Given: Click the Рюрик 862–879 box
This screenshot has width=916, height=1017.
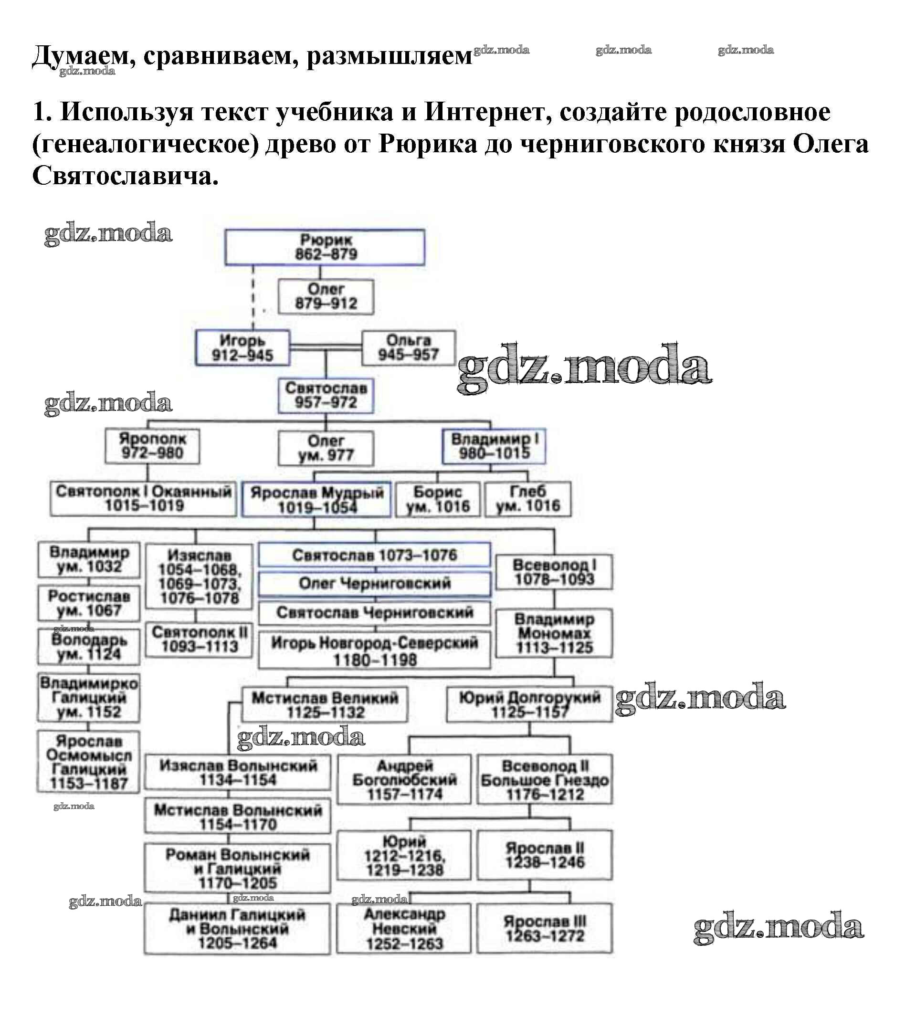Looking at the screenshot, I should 325,247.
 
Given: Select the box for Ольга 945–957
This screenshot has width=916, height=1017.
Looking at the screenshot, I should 408,348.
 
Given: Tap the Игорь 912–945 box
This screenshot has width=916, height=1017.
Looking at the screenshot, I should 242,348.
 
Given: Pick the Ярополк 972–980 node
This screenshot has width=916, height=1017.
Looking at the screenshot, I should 152,446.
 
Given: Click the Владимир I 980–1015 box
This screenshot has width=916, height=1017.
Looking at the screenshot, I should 494,446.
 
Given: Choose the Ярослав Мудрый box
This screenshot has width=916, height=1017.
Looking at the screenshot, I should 316,500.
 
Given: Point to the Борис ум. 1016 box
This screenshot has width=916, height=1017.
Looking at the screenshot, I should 437,499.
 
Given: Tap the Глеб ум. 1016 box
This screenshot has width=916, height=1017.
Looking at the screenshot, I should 528,499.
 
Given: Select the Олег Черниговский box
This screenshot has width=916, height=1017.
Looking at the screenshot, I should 374,583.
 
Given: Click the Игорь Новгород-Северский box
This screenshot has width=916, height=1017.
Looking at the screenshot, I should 374,651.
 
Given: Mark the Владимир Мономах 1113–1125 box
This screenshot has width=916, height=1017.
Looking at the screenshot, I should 554,633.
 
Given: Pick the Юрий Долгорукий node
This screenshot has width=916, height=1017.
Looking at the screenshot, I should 529,704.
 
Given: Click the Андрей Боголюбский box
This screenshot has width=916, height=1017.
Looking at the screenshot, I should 404,779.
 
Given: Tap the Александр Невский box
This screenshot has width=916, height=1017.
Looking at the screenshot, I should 404,928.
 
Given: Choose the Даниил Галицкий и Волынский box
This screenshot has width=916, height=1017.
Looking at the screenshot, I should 238,928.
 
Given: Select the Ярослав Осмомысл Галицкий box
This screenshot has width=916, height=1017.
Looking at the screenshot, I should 89,762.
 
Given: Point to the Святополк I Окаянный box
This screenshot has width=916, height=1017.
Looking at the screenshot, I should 144,499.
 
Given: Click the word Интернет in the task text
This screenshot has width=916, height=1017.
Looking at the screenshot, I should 485,112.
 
